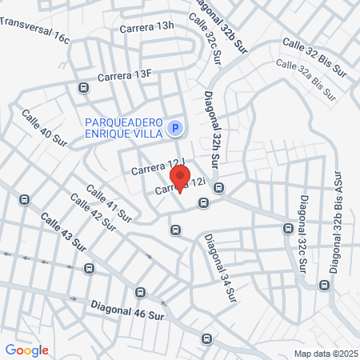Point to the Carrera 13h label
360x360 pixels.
[x=146, y=26]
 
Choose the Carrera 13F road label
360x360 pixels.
[x=124, y=75]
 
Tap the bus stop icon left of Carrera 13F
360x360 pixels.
[x=83, y=87]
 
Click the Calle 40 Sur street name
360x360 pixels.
[x=44, y=126]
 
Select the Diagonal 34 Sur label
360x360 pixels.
[x=221, y=266]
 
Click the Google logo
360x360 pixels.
[x=26, y=350]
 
